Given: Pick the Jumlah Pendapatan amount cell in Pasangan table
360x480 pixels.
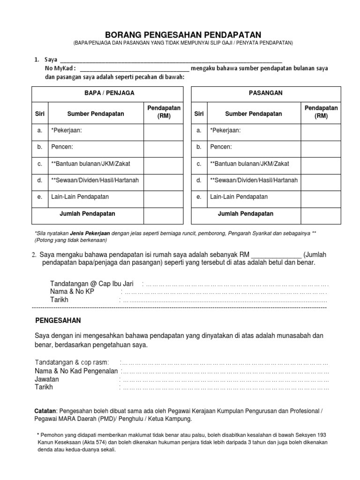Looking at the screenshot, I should [320, 214].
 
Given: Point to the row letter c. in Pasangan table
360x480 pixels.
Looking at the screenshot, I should [199, 164].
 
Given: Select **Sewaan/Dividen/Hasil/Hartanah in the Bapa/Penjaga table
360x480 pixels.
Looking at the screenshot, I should [96, 180].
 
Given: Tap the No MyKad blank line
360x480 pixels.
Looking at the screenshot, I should [135, 68].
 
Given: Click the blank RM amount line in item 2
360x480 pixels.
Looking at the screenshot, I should [277, 255].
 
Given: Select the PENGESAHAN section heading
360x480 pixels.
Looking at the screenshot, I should [58, 321].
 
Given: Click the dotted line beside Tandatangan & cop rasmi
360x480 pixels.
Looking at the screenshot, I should [225, 362].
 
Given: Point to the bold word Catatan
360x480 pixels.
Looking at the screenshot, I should [46, 411].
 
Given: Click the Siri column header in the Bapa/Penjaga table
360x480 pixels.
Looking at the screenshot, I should [39, 113].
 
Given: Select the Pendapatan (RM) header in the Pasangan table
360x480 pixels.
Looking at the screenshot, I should [321, 112].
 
